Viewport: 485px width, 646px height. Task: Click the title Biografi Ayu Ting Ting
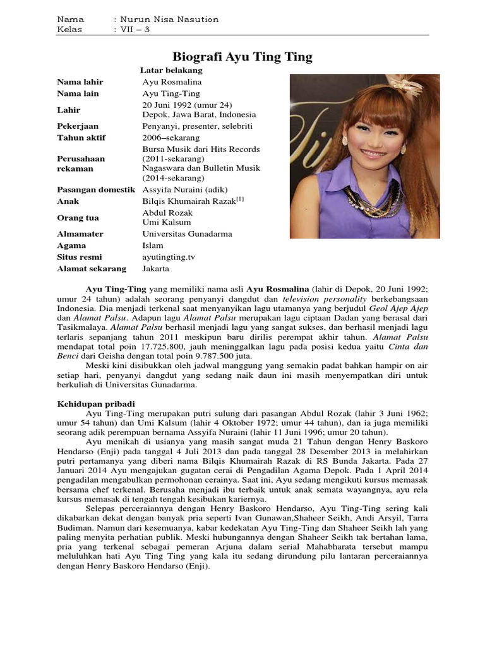[x=242, y=57]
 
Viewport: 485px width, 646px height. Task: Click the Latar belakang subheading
[x=171, y=71]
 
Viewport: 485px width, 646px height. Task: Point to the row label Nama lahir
[x=80, y=82]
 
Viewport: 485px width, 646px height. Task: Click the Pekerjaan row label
[x=78, y=126]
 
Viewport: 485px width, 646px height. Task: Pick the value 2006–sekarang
[x=171, y=138]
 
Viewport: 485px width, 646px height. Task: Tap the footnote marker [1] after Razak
[x=240, y=199]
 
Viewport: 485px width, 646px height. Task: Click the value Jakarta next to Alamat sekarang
[x=156, y=269]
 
